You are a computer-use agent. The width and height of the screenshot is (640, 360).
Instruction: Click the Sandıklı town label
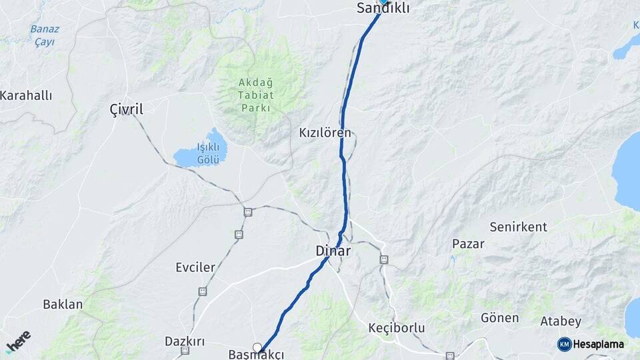383,9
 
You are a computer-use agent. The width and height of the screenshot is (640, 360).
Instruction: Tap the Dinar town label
333,251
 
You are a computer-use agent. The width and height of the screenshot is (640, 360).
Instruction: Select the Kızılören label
325,133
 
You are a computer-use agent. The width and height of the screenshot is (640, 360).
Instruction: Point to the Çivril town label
126,109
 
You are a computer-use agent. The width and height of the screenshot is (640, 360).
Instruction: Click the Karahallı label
26,95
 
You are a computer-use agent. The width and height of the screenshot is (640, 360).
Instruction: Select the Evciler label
195,267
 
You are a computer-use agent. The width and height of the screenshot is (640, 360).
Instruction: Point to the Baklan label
63,305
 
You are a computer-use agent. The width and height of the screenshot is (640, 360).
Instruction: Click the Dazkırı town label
185,341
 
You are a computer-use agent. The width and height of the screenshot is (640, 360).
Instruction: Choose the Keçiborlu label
396,328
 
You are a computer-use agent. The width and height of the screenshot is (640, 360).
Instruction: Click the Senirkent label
518,227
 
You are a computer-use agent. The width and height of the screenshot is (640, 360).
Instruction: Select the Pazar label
468,243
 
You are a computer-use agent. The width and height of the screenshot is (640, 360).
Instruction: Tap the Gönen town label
499,318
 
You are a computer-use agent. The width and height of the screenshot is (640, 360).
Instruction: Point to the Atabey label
561,321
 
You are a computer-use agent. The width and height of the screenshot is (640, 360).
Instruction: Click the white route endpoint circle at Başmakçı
257,347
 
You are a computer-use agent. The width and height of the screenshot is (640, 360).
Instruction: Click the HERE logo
18,342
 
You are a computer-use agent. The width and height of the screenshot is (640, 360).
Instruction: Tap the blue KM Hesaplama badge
591,344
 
